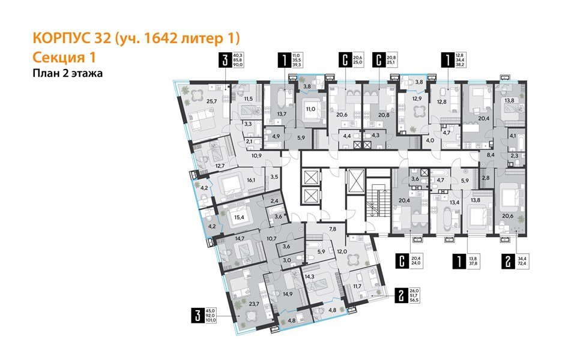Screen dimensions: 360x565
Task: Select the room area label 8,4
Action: coord(489,155)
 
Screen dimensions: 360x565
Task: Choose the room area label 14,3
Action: coord(310,277)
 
